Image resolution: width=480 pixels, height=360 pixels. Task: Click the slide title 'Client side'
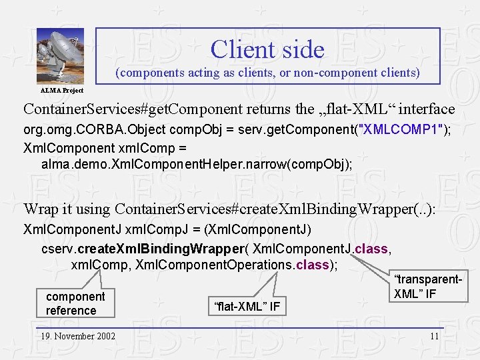click(267, 49)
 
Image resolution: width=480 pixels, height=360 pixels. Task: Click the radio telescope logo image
click(60, 57)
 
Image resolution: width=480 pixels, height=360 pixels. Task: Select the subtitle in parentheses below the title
click(267, 73)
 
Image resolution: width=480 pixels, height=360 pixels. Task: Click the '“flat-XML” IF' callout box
click(247, 307)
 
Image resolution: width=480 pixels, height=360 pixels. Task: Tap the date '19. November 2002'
click(77, 336)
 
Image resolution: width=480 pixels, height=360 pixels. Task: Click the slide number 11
click(434, 336)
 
